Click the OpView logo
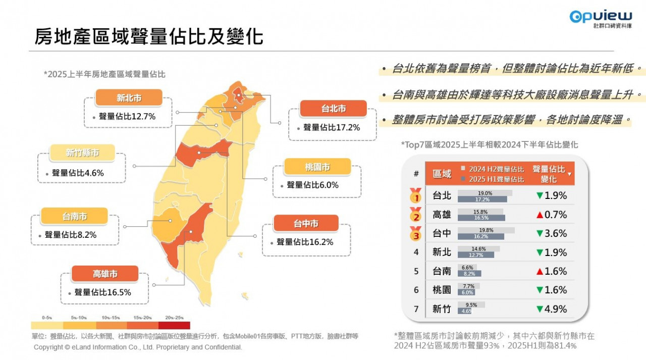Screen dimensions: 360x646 pyautogui.click(x=600, y=18)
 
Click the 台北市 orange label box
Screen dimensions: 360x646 pyautogui.click(x=333, y=109)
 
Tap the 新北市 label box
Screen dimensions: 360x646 pyautogui.click(x=129, y=97)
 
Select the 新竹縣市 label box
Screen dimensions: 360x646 pyautogui.click(x=82, y=152)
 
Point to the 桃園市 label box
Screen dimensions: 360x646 pyautogui.click(x=317, y=167)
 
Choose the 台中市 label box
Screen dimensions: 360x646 pyautogui.click(x=306, y=223)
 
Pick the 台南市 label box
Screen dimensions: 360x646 pyautogui.click(x=75, y=216)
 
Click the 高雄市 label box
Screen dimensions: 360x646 pyautogui.click(x=105, y=274)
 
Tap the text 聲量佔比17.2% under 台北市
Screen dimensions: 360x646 pyautogui.click(x=332, y=128)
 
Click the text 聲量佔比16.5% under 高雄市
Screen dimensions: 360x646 pyautogui.click(x=102, y=292)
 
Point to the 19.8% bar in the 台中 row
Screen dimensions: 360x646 pyautogui.click(x=486, y=230)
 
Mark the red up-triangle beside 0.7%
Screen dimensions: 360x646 pyautogui.click(x=540, y=215)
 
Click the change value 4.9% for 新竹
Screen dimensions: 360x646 pyautogui.click(x=556, y=309)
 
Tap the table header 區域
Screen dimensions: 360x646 pyautogui.click(x=442, y=174)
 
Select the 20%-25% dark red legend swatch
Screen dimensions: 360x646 pyautogui.click(x=174, y=325)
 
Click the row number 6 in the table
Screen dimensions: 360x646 pyautogui.click(x=416, y=290)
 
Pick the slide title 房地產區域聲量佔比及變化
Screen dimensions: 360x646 pyautogui.click(x=149, y=36)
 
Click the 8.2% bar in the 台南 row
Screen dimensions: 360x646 pyautogui.click(x=469, y=274)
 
